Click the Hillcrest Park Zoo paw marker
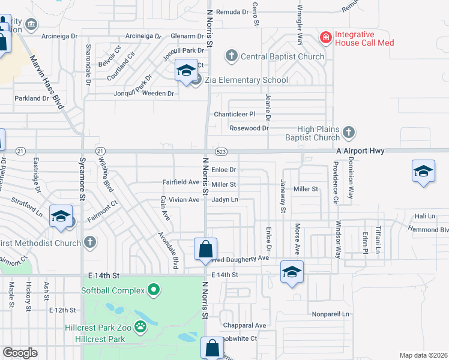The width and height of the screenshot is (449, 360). coord(140,327)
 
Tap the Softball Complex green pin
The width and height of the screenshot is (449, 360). coord(154,291)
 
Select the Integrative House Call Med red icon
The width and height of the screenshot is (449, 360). coord(325,38)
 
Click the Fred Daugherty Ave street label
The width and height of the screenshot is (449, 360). coord(240,258)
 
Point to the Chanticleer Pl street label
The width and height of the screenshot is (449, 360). coord(235,114)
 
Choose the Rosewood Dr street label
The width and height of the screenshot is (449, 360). coord(249,128)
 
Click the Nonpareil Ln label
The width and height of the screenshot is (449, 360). coord(330,314)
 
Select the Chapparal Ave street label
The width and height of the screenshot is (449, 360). coord(244,325)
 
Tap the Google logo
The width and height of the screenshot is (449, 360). coord(19,353)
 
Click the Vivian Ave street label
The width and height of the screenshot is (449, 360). coord(184,200)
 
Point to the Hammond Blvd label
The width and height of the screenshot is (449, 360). coord(427,229)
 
